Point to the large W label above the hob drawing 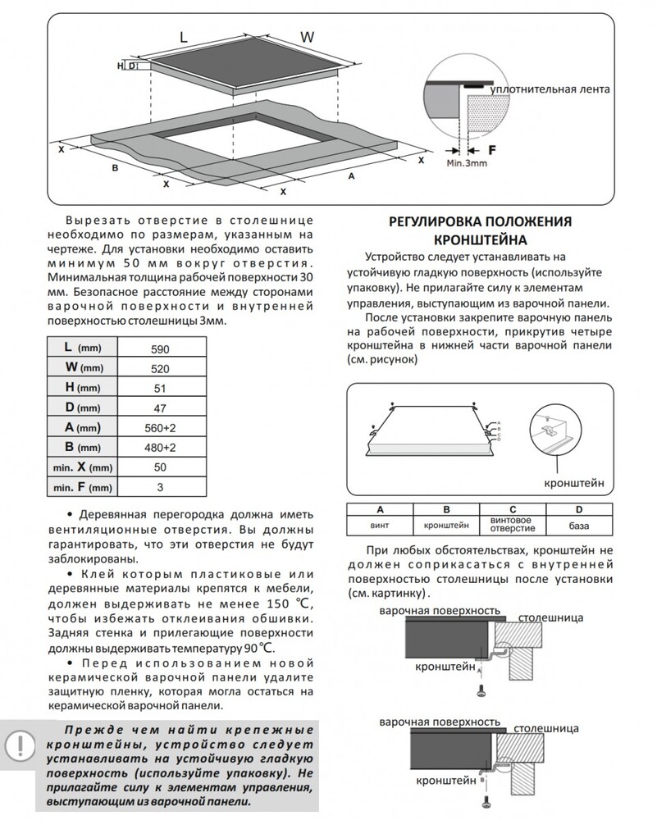(x=308, y=37)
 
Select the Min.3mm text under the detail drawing (x=467, y=163)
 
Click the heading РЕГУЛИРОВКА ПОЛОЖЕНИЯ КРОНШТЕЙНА (x=479, y=230)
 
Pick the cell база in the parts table (x=578, y=524)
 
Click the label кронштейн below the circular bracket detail (x=577, y=485)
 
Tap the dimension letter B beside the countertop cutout (x=115, y=167)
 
